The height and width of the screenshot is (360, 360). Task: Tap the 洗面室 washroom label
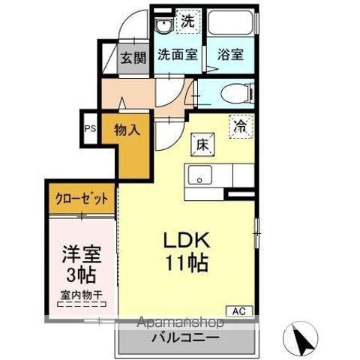point(177,55)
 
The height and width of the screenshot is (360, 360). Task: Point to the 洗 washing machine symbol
point(187,22)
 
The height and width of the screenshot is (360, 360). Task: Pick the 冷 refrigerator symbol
point(241,127)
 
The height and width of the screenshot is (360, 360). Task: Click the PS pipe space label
point(90,129)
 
